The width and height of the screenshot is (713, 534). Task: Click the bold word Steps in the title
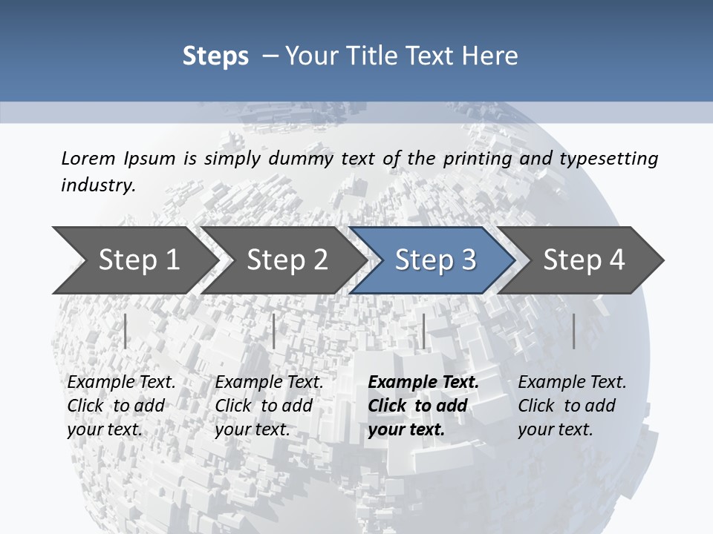(215, 56)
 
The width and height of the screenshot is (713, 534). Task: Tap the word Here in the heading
(490, 56)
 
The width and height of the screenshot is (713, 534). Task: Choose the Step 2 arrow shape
(286, 260)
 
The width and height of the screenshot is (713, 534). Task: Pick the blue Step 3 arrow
(434, 260)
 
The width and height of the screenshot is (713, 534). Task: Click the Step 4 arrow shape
(584, 260)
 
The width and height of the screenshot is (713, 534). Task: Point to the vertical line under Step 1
(126, 331)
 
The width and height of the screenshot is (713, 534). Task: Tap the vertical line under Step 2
(274, 331)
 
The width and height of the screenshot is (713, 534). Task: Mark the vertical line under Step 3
(423, 331)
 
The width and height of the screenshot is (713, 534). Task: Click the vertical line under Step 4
(574, 331)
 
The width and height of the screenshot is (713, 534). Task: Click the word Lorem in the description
(88, 158)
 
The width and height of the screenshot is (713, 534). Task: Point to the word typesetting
(608, 159)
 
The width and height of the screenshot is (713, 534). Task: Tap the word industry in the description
(98, 185)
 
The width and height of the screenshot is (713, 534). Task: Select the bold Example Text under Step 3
(423, 383)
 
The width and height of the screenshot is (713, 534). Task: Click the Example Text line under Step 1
(121, 383)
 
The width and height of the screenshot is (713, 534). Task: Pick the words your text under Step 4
(555, 429)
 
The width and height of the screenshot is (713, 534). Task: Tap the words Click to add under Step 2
(264, 406)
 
